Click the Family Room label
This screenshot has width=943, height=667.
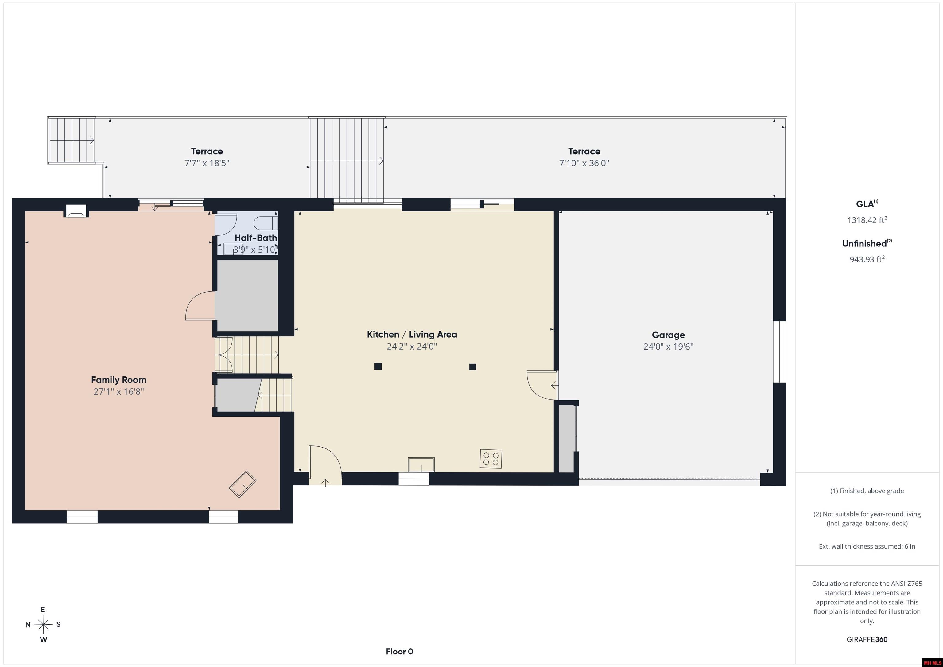point(119,380)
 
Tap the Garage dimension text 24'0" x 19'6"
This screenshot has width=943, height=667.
point(668,347)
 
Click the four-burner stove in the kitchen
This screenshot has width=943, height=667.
point(491,459)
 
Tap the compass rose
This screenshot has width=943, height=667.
point(43,625)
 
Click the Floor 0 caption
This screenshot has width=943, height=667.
point(399,651)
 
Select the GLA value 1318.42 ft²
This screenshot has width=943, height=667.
point(867,220)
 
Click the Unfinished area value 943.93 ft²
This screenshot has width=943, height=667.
point(867,259)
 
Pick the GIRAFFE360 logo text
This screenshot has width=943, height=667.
point(867,639)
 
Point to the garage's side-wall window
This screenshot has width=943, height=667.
point(779,352)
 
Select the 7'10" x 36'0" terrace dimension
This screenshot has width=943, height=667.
point(584,163)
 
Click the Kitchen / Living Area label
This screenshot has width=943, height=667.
point(412,334)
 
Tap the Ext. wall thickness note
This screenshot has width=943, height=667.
point(867,546)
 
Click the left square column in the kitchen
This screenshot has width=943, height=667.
point(378,366)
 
